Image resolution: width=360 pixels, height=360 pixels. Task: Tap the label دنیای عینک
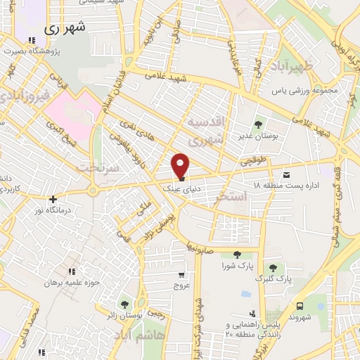tap(176, 188)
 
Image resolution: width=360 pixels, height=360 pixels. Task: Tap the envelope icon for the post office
tap(286, 174)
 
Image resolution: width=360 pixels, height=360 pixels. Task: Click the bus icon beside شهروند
tap(300, 306)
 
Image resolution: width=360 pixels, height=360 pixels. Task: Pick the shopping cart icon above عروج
tap(183, 275)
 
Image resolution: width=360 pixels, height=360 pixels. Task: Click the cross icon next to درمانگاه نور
tap(52, 199)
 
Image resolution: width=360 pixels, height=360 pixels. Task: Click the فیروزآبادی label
tap(25, 94)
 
